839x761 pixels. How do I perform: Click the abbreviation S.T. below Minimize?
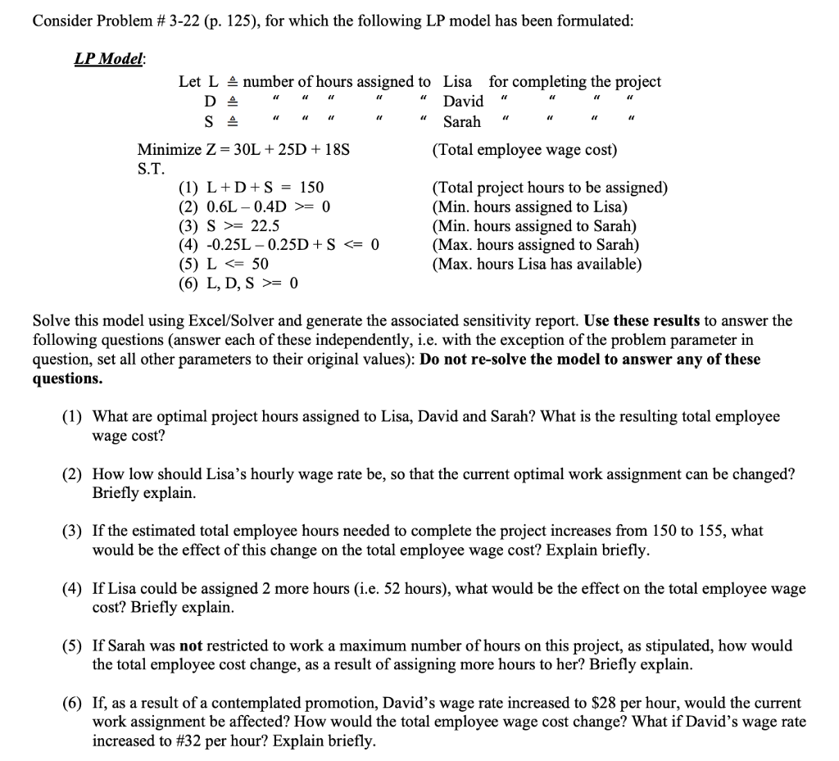pos(151,170)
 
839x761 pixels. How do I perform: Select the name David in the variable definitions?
pos(464,102)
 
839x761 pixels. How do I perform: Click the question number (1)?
pos(72,417)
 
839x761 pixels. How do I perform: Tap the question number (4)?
pos(72,589)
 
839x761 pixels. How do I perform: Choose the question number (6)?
pos(72,704)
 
